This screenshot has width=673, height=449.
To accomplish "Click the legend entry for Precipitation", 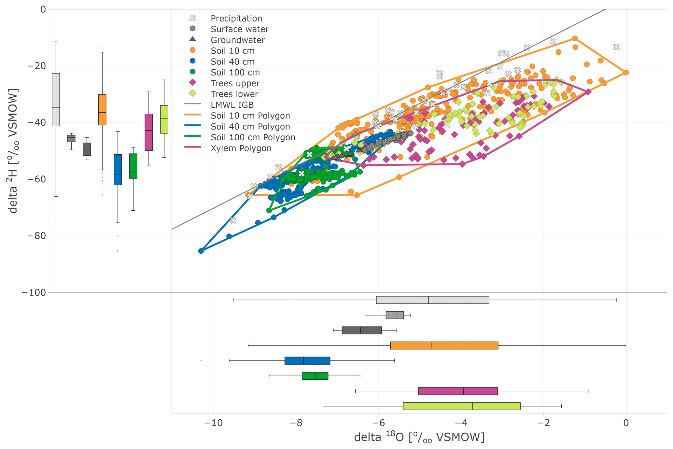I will tap(236, 18).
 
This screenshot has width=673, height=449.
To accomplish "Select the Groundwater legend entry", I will tap(237, 40).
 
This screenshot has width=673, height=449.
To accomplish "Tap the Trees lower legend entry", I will tap(234, 94).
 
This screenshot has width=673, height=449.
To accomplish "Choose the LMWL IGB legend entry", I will tap(232, 105).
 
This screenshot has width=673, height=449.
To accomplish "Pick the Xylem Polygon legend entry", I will tap(241, 148).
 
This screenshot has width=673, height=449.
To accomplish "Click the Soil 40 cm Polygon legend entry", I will tap(250, 127).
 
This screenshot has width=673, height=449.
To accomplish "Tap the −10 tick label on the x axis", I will tap(213, 423).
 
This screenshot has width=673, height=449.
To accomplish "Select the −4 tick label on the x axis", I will tap(461, 423).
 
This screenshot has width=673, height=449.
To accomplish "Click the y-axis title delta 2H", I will tap(13, 151).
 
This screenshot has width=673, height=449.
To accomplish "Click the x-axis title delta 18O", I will tap(419, 437).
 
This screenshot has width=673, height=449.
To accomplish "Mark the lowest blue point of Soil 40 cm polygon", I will tap(201, 251).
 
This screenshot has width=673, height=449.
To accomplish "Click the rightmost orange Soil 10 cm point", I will tap(625, 72).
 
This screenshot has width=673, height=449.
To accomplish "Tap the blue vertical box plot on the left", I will tap(118, 169).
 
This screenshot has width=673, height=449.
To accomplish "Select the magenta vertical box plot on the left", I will tap(148, 132).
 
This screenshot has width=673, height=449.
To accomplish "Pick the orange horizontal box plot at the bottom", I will tap(444, 345).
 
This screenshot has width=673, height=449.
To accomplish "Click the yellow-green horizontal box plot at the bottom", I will tap(461, 406).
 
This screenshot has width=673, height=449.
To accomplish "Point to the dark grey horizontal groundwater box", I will tap(361, 330).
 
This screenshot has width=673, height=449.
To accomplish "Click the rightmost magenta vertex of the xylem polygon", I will tap(588, 92).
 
